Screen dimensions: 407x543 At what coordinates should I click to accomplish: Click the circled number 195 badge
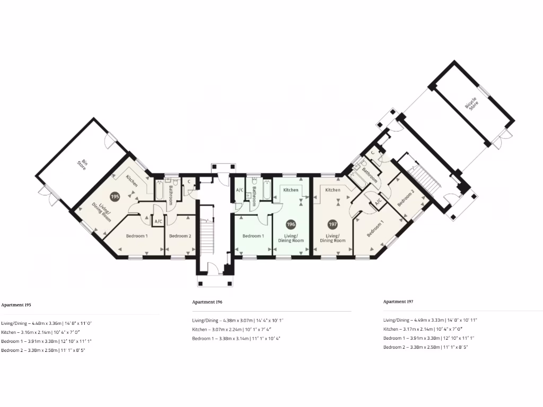click(x=115, y=196)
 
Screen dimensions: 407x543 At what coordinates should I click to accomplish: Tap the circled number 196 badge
click(x=291, y=224)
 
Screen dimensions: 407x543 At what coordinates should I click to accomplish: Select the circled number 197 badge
click(x=332, y=224)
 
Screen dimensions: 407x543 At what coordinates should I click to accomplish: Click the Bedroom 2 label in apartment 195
click(x=179, y=236)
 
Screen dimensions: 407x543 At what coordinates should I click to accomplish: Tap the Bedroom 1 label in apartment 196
click(x=253, y=236)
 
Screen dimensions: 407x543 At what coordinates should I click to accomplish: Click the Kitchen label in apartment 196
click(x=291, y=190)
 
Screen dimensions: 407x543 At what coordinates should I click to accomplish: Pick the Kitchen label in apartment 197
click(x=332, y=190)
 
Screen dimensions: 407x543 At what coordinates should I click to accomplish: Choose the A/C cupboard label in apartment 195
click(x=158, y=222)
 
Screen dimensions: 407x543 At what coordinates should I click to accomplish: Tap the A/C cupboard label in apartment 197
click(x=378, y=202)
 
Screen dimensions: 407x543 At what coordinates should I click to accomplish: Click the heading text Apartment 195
click(x=16, y=305)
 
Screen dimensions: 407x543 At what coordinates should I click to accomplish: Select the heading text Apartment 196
click(x=207, y=302)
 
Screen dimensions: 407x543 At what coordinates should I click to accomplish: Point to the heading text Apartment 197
click(x=398, y=302)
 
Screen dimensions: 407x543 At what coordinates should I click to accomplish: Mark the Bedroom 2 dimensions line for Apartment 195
click(x=43, y=350)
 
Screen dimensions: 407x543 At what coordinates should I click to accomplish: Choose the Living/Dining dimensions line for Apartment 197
click(x=430, y=320)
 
